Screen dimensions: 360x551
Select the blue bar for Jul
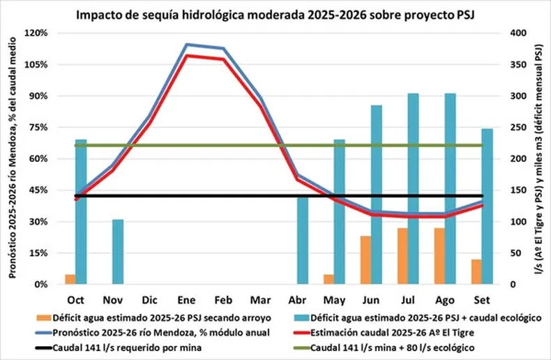(413, 188)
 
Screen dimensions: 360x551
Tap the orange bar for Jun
(365, 260)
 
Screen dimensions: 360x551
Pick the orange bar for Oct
(70, 279)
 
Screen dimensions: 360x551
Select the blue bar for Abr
(302, 241)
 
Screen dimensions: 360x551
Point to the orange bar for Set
(476, 272)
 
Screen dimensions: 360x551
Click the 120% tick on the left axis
(37, 33)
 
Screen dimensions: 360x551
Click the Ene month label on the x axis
(186, 300)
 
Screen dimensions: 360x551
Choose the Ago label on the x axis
(444, 300)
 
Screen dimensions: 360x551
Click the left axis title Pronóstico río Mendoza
(12, 158)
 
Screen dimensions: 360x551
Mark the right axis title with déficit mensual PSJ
(538, 158)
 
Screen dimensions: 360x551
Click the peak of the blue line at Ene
(186, 45)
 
